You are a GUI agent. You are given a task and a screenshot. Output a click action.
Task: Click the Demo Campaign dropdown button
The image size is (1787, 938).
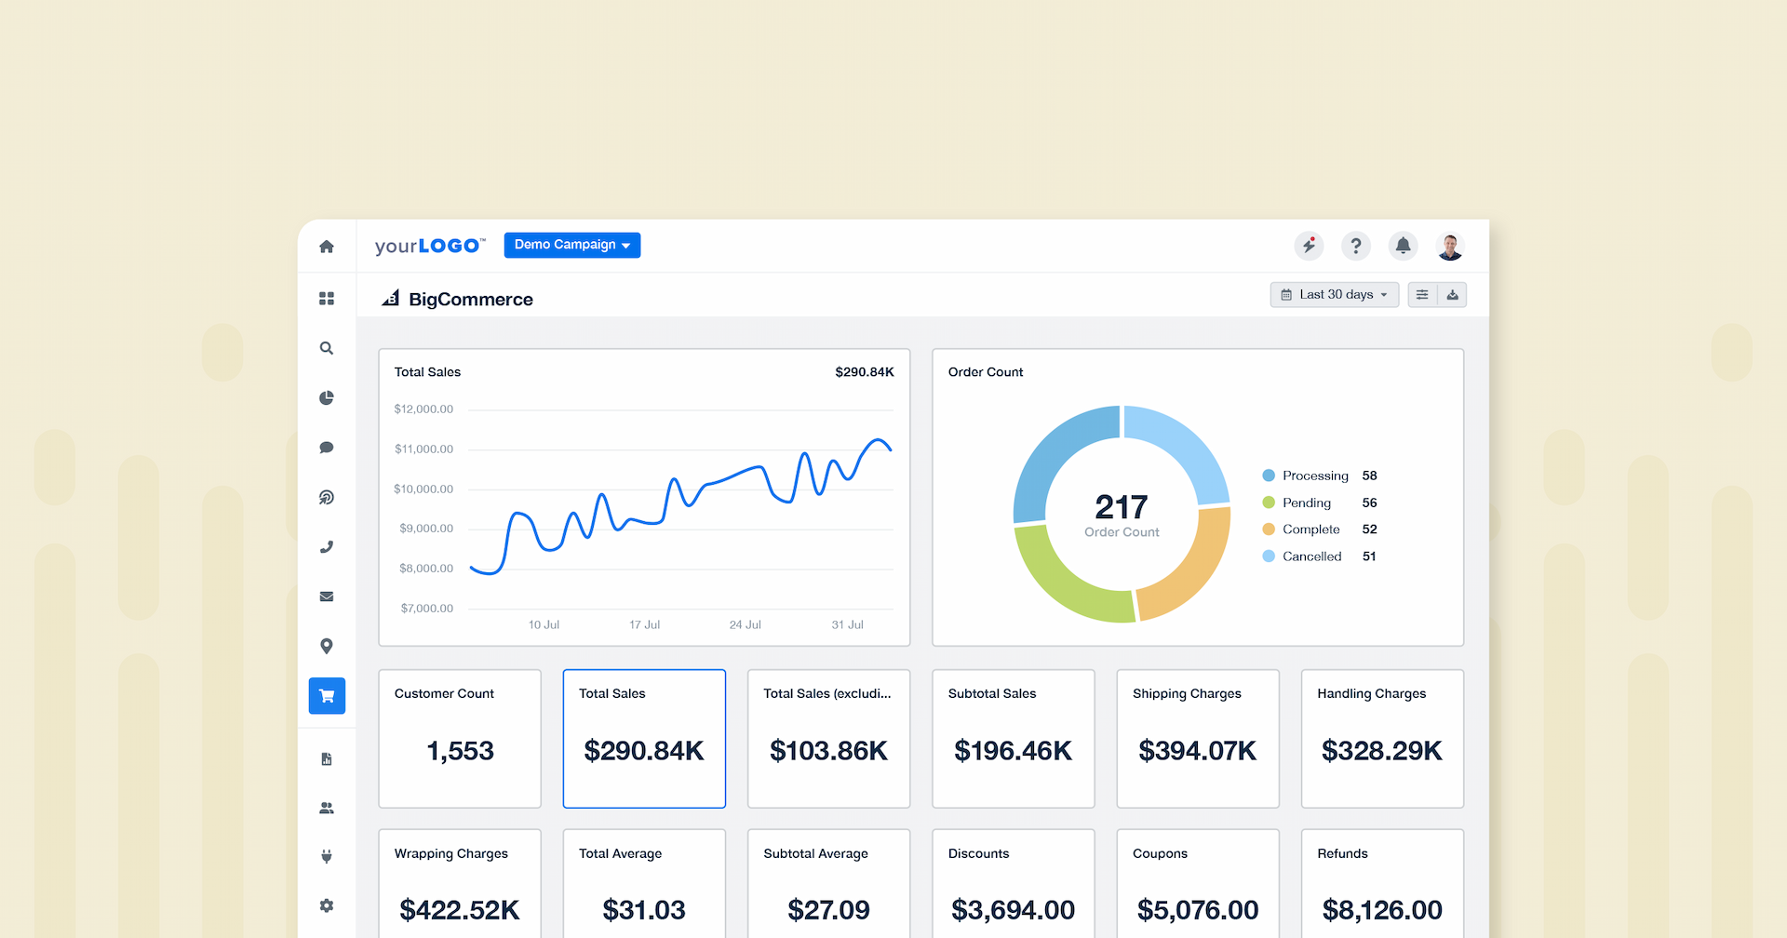pyautogui.click(x=571, y=245)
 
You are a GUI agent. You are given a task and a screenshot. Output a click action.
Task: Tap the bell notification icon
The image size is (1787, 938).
pyautogui.click(x=1403, y=246)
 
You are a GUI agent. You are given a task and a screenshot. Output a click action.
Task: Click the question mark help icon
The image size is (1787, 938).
pyautogui.click(x=1356, y=246)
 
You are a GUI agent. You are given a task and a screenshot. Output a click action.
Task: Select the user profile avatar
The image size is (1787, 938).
pyautogui.click(x=1450, y=247)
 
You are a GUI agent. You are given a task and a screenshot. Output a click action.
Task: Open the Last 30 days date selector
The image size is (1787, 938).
pyautogui.click(x=1334, y=295)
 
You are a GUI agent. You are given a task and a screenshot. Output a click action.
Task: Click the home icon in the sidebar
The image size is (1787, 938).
pyautogui.click(x=327, y=247)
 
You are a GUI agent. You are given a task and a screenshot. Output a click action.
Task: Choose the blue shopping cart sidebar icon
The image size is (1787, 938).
pyautogui.click(x=327, y=696)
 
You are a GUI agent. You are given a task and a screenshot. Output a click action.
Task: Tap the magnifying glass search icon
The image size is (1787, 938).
pyautogui.click(x=327, y=348)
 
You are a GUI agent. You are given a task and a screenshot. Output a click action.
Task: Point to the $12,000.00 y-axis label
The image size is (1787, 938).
pyautogui.click(x=423, y=409)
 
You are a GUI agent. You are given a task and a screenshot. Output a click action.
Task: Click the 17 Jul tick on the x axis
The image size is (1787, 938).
pyautogui.click(x=644, y=624)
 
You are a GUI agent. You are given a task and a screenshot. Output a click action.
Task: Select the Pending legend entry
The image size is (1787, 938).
pyautogui.click(x=1306, y=502)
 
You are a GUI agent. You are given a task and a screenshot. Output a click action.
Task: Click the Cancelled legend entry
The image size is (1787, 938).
pyautogui.click(x=1311, y=556)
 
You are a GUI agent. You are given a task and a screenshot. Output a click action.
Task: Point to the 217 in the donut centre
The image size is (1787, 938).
pyautogui.click(x=1122, y=507)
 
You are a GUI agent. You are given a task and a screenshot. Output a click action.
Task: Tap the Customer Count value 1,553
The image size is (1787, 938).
pyautogui.click(x=460, y=751)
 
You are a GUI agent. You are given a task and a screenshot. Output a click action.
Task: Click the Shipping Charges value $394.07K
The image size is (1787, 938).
pyautogui.click(x=1197, y=751)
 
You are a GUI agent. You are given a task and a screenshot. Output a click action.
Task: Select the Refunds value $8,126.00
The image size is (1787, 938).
pyautogui.click(x=1382, y=910)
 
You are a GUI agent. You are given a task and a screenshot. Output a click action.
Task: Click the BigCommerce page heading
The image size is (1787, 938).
pyautogui.click(x=470, y=300)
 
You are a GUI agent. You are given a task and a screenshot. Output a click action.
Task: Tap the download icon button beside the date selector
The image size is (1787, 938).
pyautogui.click(x=1452, y=295)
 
